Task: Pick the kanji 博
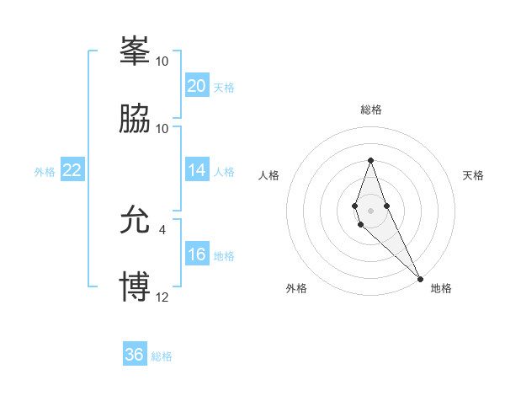point(135,287)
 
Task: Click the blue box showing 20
point(196,86)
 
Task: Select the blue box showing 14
point(196,170)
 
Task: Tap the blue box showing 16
point(196,254)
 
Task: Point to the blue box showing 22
point(72,170)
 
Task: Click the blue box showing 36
point(134,355)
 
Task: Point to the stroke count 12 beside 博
point(162,297)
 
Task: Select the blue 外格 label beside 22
point(45,171)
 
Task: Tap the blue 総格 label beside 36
point(162,356)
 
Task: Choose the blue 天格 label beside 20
point(224,87)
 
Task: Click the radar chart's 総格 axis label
point(370,110)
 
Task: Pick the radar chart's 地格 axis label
point(441,288)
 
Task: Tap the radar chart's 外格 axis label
point(296,288)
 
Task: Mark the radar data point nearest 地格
point(420,278)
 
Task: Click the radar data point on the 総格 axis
point(370,160)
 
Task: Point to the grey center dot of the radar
point(370,209)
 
